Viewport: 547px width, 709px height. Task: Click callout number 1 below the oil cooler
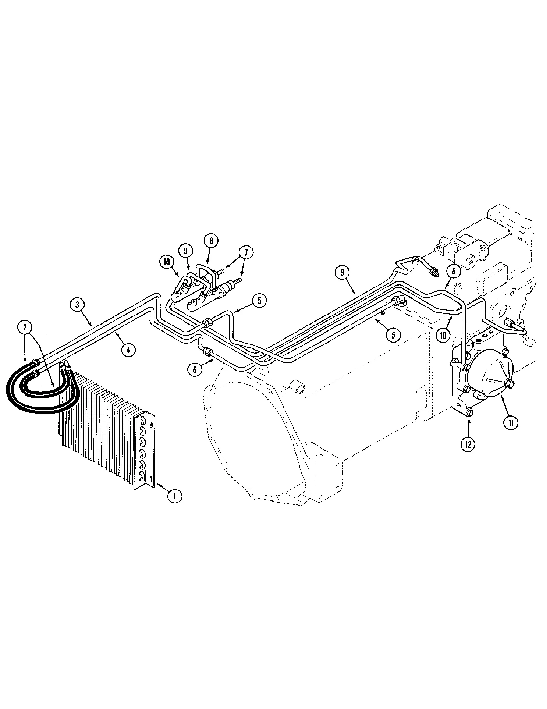coord(175,496)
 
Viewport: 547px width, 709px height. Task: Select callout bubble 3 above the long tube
coord(77,305)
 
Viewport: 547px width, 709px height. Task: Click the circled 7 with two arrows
coord(245,253)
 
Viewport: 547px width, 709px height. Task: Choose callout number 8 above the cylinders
coord(211,240)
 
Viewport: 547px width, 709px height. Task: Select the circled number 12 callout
coord(468,444)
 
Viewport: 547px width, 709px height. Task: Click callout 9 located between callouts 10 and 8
coord(185,251)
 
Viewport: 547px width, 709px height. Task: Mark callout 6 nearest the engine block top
coord(454,271)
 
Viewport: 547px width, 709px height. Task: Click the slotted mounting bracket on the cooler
coord(144,451)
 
